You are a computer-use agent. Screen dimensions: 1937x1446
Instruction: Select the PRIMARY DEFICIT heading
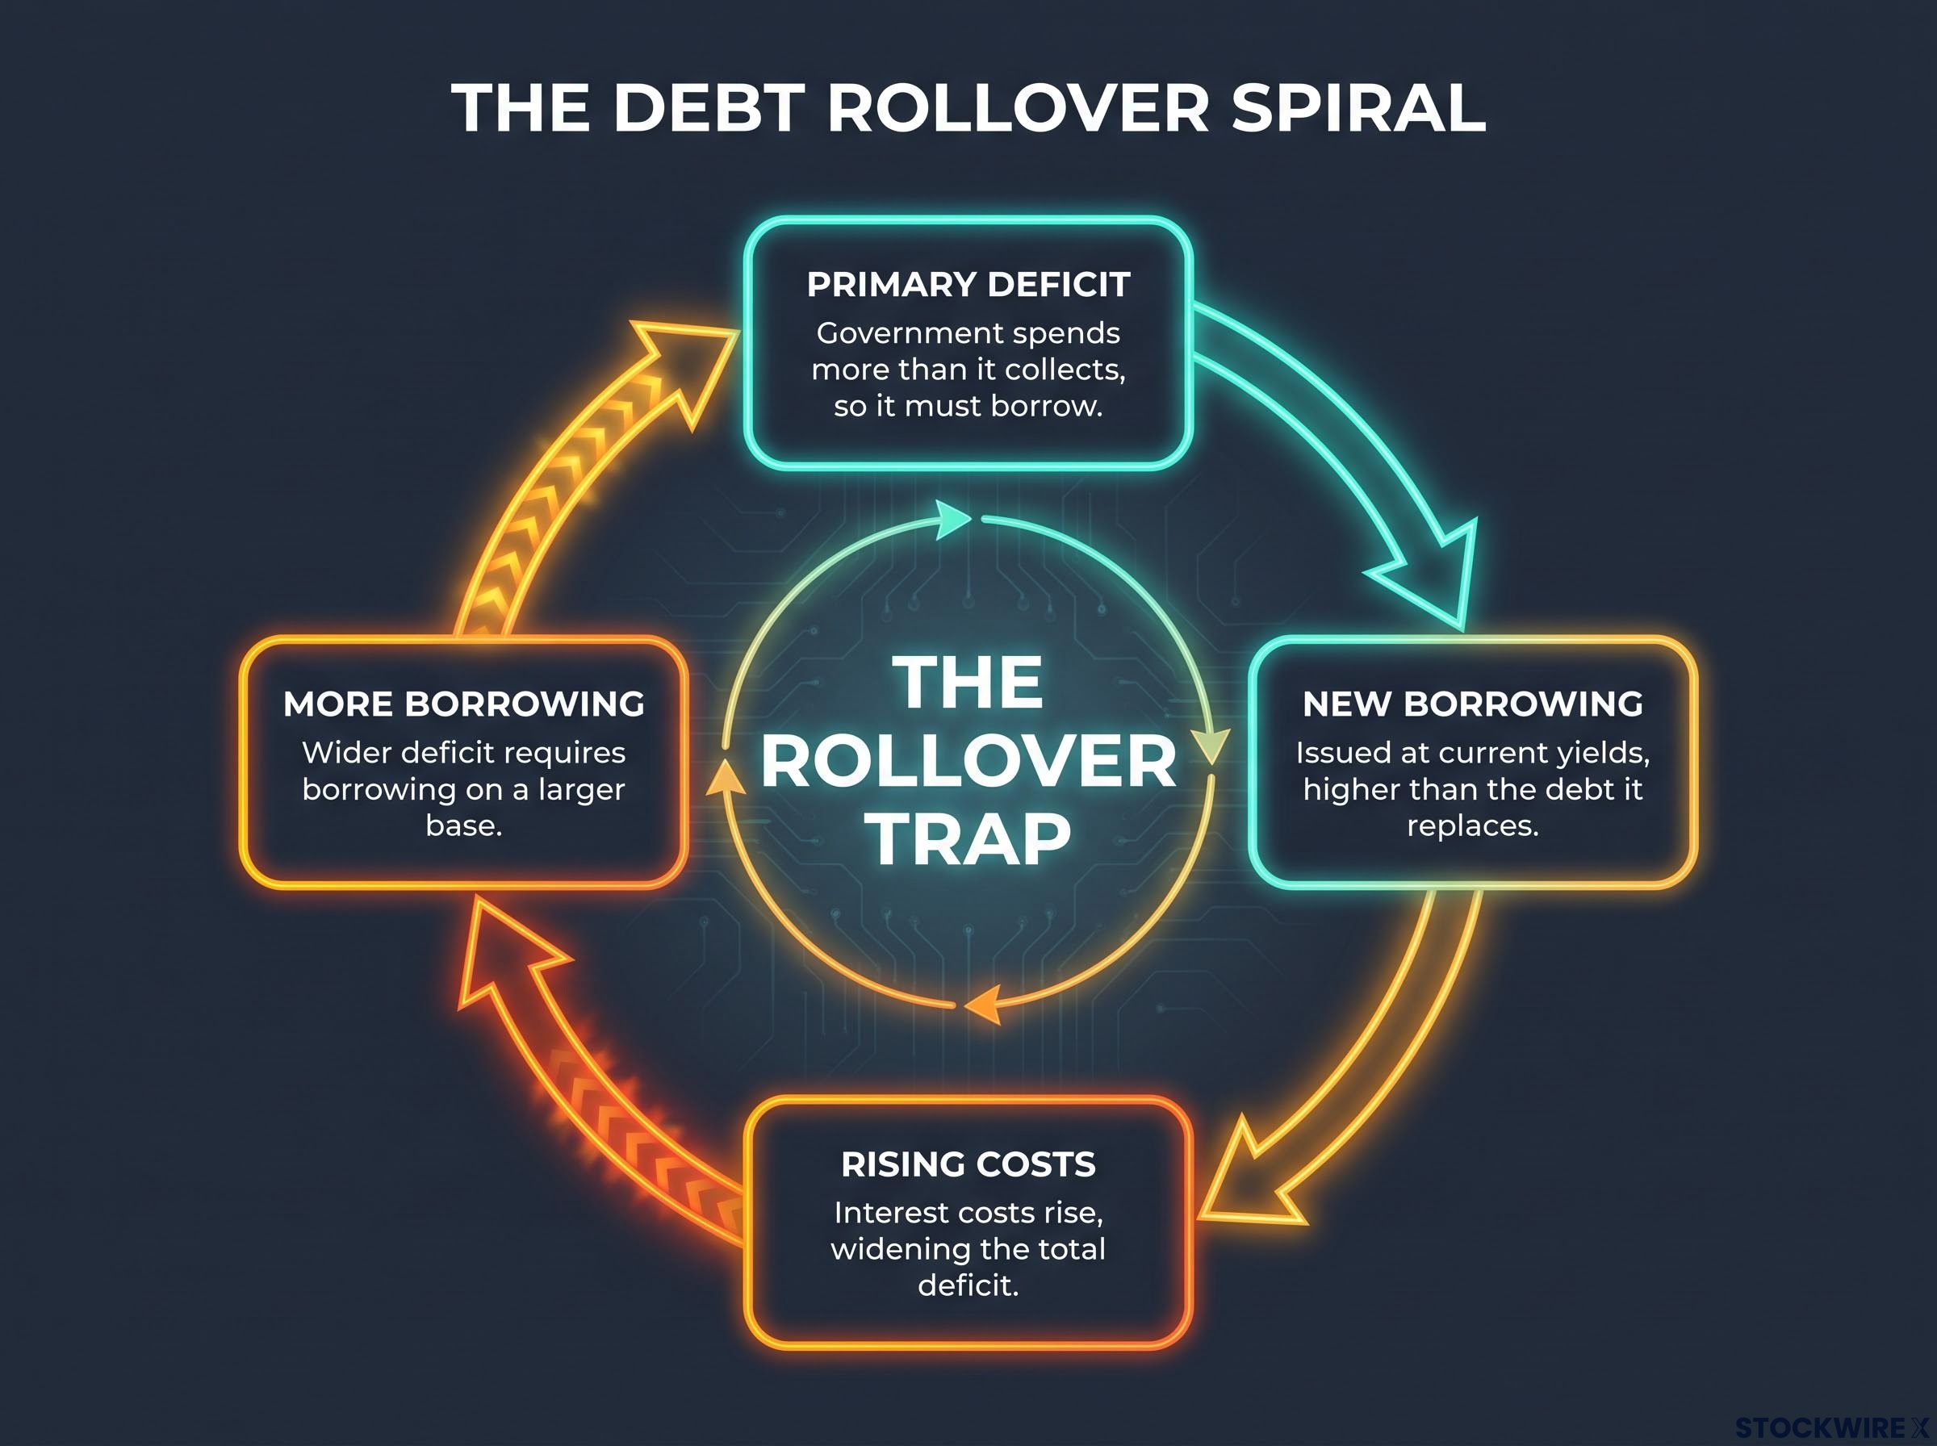click(968, 285)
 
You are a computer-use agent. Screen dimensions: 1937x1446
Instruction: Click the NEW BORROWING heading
click(1472, 704)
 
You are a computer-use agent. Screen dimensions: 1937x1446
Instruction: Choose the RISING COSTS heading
click(968, 1164)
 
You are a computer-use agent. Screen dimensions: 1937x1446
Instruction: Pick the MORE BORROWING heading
click(464, 704)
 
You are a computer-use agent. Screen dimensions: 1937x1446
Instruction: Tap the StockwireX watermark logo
click(1834, 1427)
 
